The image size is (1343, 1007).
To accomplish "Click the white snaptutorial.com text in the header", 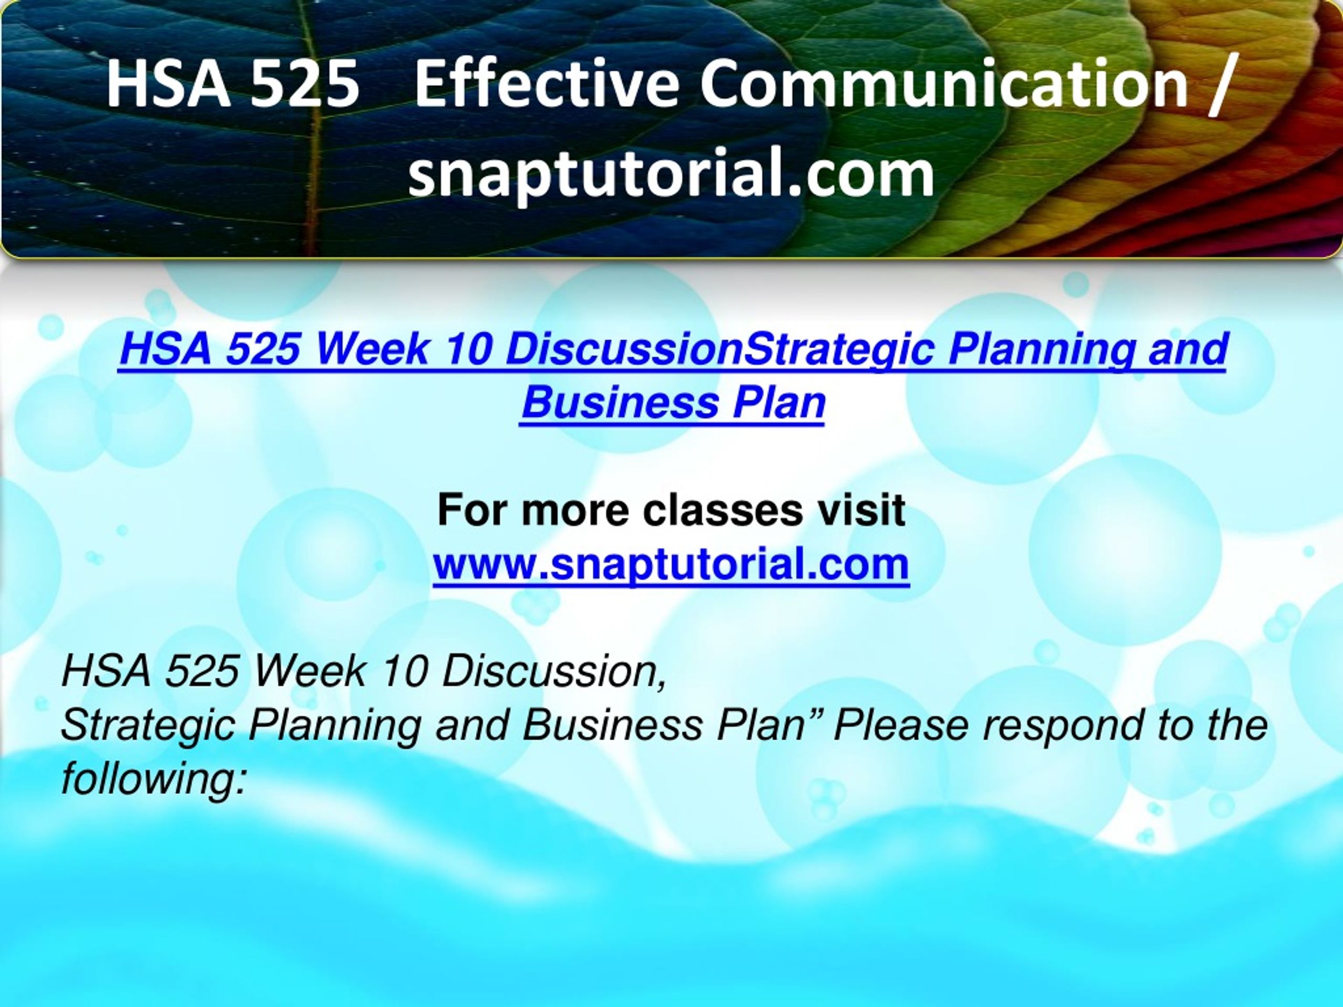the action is (671, 174).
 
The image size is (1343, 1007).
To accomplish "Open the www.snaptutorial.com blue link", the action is (671, 564).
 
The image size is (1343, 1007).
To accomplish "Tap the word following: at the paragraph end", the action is (154, 780).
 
